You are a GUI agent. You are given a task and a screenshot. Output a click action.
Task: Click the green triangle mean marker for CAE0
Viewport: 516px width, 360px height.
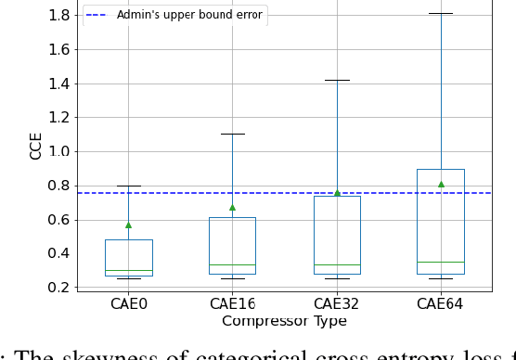[129, 225]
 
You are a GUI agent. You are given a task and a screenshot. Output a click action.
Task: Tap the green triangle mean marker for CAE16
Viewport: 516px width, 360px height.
[233, 207]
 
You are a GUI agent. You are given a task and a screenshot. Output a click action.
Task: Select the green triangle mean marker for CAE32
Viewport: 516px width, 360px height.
[337, 193]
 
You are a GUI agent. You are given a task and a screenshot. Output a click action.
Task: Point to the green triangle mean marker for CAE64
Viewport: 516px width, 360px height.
[441, 184]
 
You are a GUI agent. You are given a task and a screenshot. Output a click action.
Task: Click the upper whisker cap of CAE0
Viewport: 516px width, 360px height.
[129, 186]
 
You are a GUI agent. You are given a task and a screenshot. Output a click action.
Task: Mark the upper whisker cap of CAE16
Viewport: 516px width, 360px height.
[233, 134]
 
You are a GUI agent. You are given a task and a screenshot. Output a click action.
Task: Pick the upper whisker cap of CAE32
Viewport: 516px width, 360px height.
[337, 80]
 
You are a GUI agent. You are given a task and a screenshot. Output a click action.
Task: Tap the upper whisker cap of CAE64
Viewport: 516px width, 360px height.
[441, 14]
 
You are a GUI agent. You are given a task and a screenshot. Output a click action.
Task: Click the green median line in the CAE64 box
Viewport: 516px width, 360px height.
[441, 262]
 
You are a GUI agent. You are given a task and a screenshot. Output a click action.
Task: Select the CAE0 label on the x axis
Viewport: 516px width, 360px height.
[129, 302]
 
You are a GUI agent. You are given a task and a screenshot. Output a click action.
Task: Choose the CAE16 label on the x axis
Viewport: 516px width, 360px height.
[233, 302]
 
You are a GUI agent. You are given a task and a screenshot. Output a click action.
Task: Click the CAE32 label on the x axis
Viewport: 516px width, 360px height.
[337, 302]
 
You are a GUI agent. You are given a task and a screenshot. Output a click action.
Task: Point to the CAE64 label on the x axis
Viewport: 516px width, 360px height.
[441, 302]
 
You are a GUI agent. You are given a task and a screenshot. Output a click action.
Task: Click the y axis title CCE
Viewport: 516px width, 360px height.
[36, 145]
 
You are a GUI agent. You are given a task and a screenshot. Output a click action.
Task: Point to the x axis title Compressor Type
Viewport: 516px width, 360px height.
[284, 321]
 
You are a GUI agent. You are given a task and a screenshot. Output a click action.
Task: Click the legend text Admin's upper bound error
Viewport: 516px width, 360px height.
[189, 15]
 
